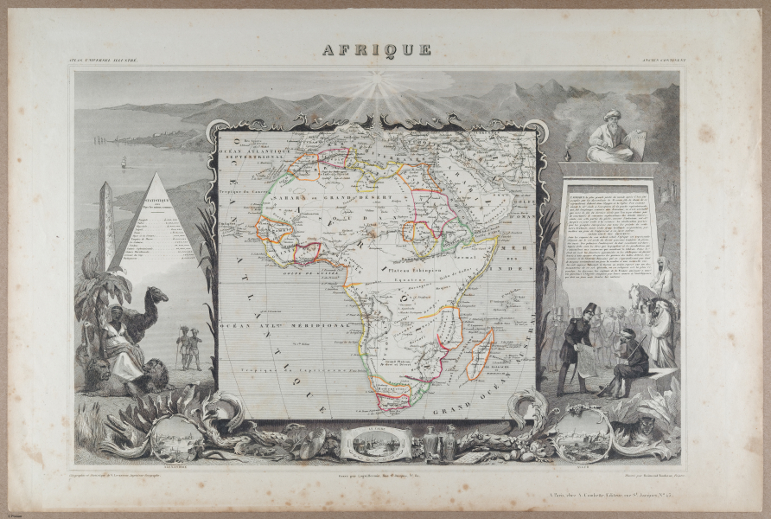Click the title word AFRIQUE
(377, 49)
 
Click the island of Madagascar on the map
(480, 354)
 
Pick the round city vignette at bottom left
(178, 437)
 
